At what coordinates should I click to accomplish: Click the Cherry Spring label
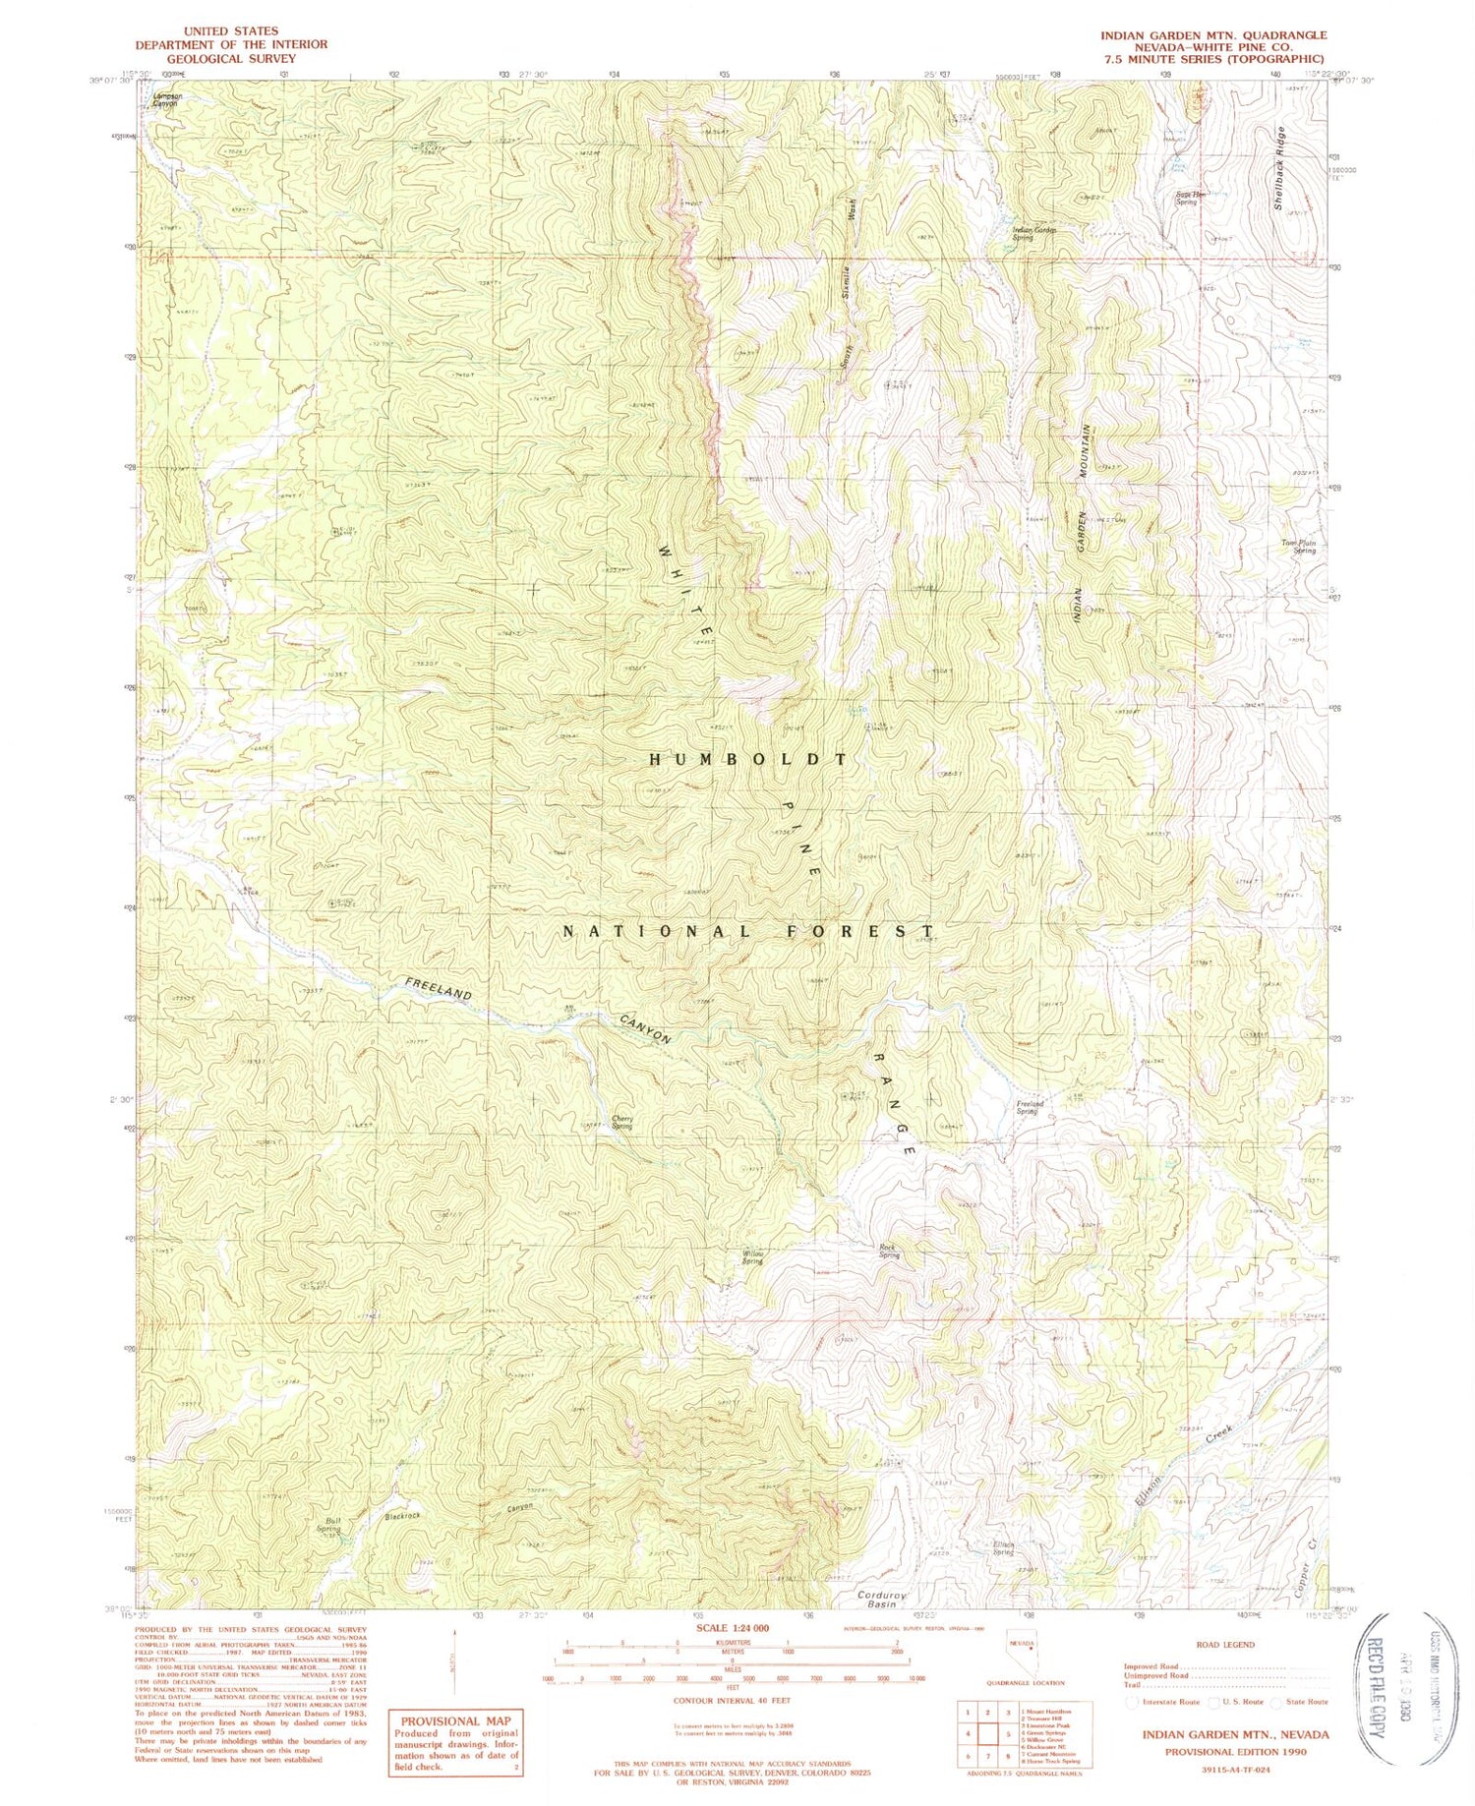coord(620,1122)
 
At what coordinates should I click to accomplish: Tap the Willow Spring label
coord(752,1257)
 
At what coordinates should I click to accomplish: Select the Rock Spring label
coord(889,1252)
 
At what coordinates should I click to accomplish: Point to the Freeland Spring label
coord(1029,1107)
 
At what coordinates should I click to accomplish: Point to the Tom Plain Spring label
coord(1297,547)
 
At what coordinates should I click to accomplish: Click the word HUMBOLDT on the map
coord(747,760)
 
